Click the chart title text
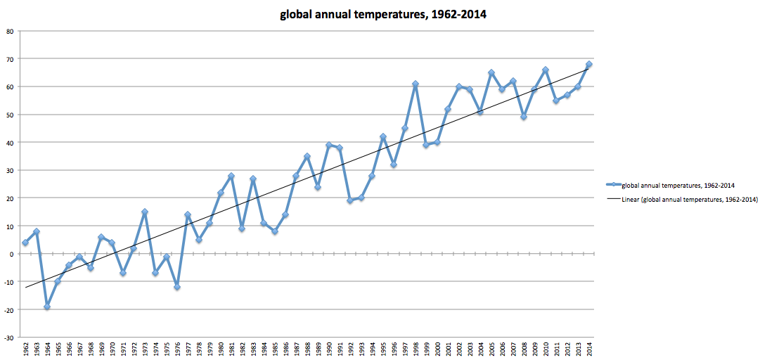[382, 15]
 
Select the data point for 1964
[47, 307]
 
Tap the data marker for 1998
[415, 84]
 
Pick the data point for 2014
[589, 64]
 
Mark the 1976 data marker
[177, 287]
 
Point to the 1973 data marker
[145, 212]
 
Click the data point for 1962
[25, 243]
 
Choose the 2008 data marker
[524, 117]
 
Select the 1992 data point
[350, 200]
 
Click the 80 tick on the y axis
[10, 31]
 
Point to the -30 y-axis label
[9, 337]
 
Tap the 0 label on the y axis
[11, 254]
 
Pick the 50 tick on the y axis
[10, 115]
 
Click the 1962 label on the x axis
[25, 349]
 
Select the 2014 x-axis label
[589, 349]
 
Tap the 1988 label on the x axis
[307, 349]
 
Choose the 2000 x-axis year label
[437, 349]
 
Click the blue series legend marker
[614, 184]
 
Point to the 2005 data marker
[491, 72]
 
